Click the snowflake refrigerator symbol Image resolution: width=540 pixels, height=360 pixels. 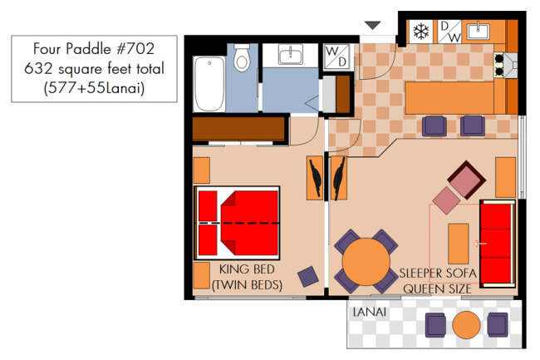(x=421, y=32)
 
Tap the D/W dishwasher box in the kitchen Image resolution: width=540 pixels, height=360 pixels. (x=449, y=32)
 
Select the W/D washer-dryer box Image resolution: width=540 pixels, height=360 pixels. (x=336, y=57)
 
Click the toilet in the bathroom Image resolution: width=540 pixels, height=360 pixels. (x=242, y=57)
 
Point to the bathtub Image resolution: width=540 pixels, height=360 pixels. (x=209, y=84)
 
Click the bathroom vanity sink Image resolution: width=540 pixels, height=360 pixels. (x=290, y=54)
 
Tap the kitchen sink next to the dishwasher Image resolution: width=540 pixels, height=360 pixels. (x=478, y=31)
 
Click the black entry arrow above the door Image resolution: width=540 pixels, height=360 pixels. (x=373, y=25)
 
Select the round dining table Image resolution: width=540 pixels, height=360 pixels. (x=366, y=261)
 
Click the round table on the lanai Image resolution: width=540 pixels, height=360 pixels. (x=466, y=325)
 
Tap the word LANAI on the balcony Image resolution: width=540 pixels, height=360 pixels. (x=370, y=312)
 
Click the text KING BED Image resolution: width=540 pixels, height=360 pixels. (x=247, y=269)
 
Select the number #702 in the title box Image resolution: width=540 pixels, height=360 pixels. (x=135, y=48)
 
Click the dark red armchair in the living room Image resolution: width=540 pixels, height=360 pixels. (x=467, y=180)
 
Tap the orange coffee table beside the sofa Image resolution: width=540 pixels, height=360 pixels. (x=459, y=244)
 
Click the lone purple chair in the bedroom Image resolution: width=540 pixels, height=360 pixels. (x=308, y=277)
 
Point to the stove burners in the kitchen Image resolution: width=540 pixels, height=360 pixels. (x=498, y=66)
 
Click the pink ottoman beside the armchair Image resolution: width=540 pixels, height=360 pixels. (x=446, y=200)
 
